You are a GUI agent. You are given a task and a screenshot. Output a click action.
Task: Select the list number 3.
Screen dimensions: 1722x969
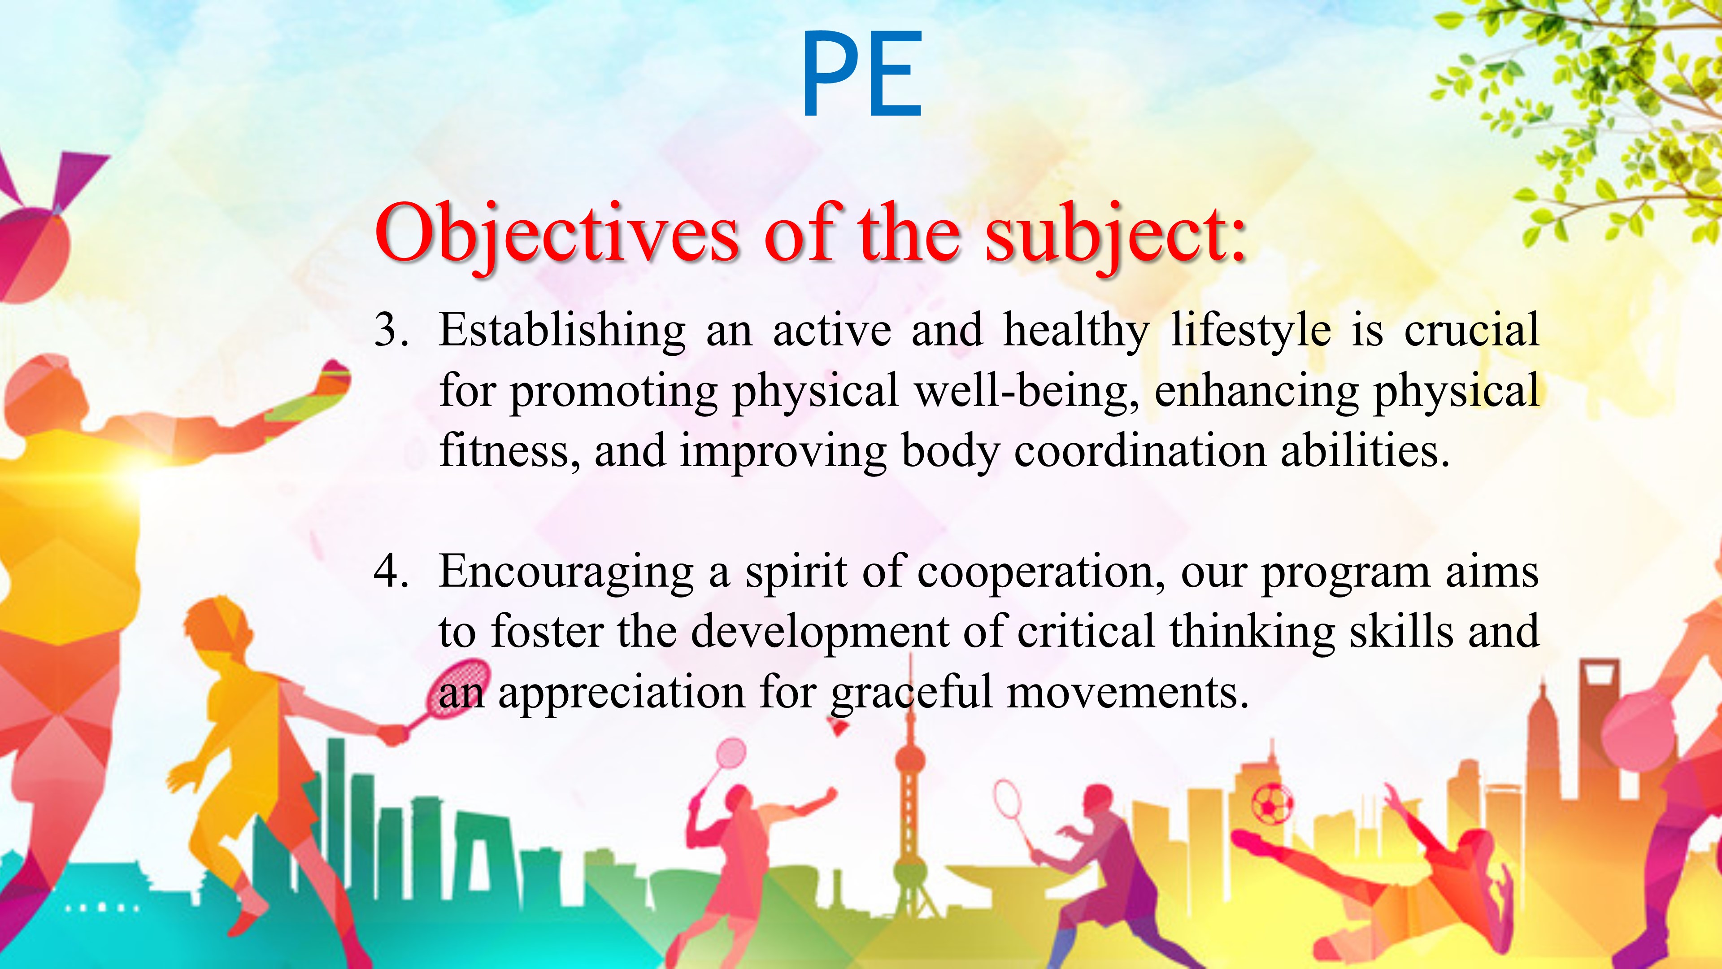[x=391, y=330]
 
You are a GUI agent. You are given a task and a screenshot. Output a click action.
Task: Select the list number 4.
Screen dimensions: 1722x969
[x=391, y=572]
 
